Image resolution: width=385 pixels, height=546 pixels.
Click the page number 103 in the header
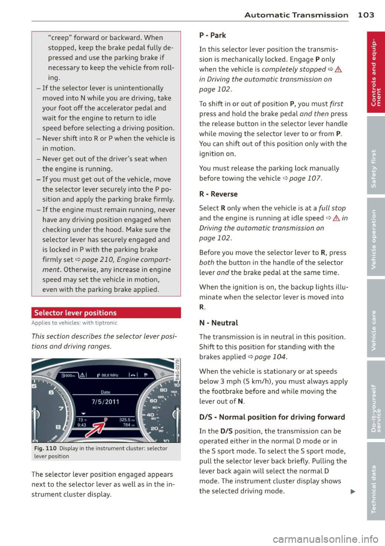366,15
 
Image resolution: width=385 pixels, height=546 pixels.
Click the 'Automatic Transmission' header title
296,15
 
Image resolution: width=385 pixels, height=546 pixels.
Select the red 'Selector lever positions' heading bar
106,313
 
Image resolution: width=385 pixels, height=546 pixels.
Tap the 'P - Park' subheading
213,35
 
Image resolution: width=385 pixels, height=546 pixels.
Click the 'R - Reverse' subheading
218,194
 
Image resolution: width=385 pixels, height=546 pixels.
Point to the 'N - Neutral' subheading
219,323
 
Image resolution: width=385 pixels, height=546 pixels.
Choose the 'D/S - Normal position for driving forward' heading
272,417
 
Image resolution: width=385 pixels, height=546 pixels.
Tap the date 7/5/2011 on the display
105,402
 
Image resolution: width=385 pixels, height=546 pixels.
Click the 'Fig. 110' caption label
45,449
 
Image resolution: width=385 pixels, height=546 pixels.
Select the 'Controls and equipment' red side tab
376,73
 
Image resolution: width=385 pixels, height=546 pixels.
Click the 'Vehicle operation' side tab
376,237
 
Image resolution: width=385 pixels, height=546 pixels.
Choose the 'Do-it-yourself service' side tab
376,399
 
